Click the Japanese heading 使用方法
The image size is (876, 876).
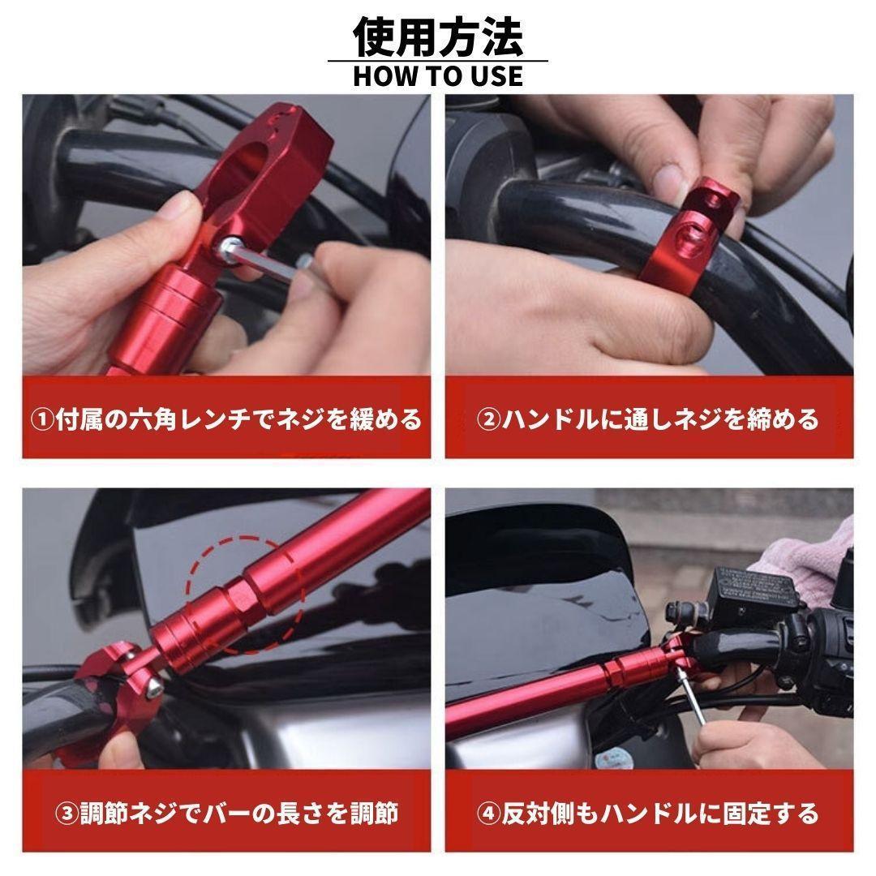coord(438,36)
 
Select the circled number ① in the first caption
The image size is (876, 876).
coord(42,419)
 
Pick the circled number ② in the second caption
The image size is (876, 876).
coord(488,419)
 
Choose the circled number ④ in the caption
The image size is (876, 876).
coord(488,814)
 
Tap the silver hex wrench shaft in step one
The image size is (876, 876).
coord(268,264)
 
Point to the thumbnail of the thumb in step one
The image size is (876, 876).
coord(178,207)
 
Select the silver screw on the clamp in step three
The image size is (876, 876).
coord(153,689)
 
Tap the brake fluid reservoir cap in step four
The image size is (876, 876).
coord(755,586)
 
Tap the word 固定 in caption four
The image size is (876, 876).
coord(747,814)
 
